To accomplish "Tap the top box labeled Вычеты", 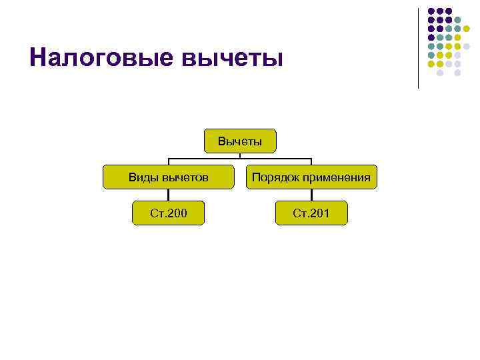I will pyautogui.click(x=239, y=141).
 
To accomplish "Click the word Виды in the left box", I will pyautogui.click(x=142, y=177).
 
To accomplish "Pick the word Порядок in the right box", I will pyautogui.click(x=275, y=177).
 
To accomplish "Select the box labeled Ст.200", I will pyautogui.click(x=169, y=213).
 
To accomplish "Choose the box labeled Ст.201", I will pyautogui.click(x=311, y=213).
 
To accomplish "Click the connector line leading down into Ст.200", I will pyautogui.click(x=169, y=195).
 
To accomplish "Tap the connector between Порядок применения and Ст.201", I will pyautogui.click(x=311, y=195).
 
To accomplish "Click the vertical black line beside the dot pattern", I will pyautogui.click(x=419, y=47).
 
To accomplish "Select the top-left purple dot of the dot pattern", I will pyautogui.click(x=431, y=11).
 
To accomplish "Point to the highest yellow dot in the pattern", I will pyautogui.click(x=466, y=29).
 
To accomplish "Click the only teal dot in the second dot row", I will pyautogui.click(x=457, y=20).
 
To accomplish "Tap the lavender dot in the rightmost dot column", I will pyautogui.click(x=466, y=46).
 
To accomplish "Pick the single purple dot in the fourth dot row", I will pyautogui.click(x=431, y=37).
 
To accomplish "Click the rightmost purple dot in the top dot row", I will pyautogui.click(x=449, y=11).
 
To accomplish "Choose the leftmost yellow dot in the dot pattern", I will pyautogui.click(x=431, y=63).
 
